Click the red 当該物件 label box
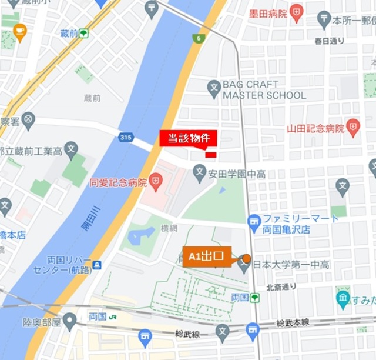(x=189, y=138)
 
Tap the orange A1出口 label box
(x=207, y=257)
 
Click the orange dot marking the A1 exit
(x=247, y=258)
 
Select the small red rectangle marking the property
(x=211, y=154)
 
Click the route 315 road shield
(x=125, y=137)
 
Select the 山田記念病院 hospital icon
(x=353, y=127)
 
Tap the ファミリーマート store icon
(x=254, y=223)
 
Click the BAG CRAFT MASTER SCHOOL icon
(x=214, y=89)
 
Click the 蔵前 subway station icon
(x=84, y=34)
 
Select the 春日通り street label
(x=329, y=41)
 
